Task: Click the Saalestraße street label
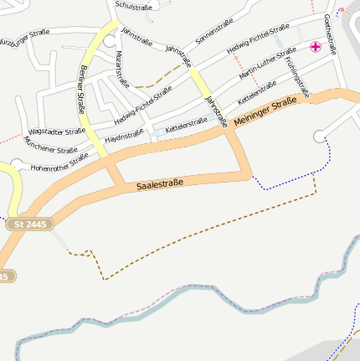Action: click(160, 183)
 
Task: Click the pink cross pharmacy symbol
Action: click(316, 47)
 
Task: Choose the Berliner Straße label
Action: click(83, 90)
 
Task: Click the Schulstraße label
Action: click(133, 7)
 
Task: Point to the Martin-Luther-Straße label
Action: click(267, 64)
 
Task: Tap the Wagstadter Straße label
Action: click(57, 132)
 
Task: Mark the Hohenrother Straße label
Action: click(59, 162)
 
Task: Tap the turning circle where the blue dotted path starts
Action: click(318, 136)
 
